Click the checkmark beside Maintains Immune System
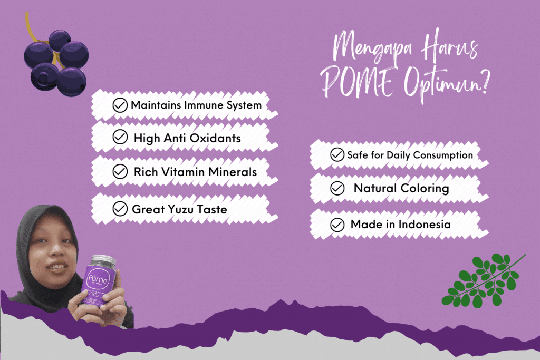pyautogui.click(x=121, y=105)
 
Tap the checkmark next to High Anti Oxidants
pyautogui.click(x=120, y=138)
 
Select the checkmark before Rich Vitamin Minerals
pyautogui.click(x=121, y=172)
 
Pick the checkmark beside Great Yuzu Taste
pyautogui.click(x=120, y=209)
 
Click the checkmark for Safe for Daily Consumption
pyautogui.click(x=337, y=155)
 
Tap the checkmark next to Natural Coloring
pyautogui.click(x=337, y=188)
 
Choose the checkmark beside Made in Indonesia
pyautogui.click(x=337, y=225)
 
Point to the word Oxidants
pyautogui.click(x=217, y=138)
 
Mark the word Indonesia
pyautogui.click(x=425, y=225)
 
